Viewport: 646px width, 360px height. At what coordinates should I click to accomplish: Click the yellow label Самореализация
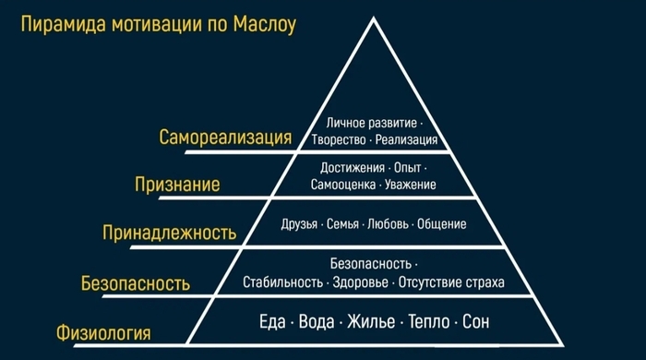coord(225,138)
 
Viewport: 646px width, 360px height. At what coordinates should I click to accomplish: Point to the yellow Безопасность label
coord(136,283)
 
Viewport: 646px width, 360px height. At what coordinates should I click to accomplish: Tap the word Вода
coord(318,323)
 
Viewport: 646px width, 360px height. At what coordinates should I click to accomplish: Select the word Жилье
coord(371,323)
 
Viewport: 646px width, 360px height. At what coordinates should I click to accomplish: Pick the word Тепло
coord(425,323)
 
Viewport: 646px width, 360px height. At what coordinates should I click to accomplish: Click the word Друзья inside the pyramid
coord(300,224)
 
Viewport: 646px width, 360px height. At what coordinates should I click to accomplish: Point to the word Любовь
coord(388,224)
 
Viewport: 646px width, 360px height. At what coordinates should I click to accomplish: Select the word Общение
coord(442,224)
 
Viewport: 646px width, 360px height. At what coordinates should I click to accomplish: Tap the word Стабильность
coord(282,281)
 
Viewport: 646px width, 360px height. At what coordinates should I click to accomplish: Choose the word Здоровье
coord(361,281)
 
